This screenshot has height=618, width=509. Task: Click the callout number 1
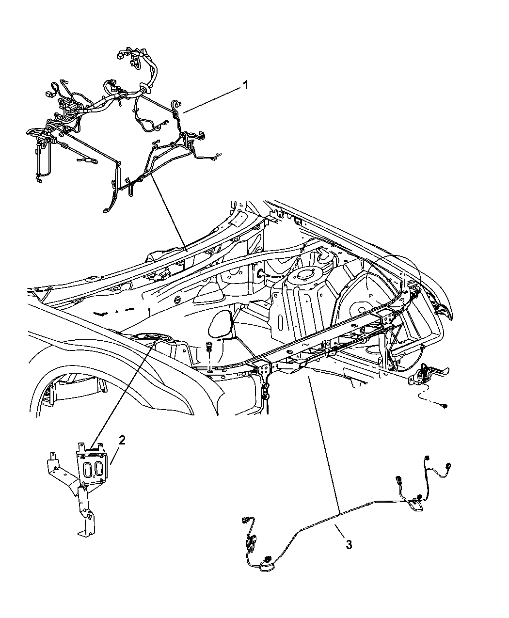(x=245, y=85)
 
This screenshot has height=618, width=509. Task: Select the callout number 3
(x=349, y=544)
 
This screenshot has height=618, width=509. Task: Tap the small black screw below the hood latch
(x=445, y=405)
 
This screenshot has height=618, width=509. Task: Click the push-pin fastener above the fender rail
(x=208, y=348)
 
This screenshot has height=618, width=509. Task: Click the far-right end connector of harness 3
(x=427, y=459)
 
